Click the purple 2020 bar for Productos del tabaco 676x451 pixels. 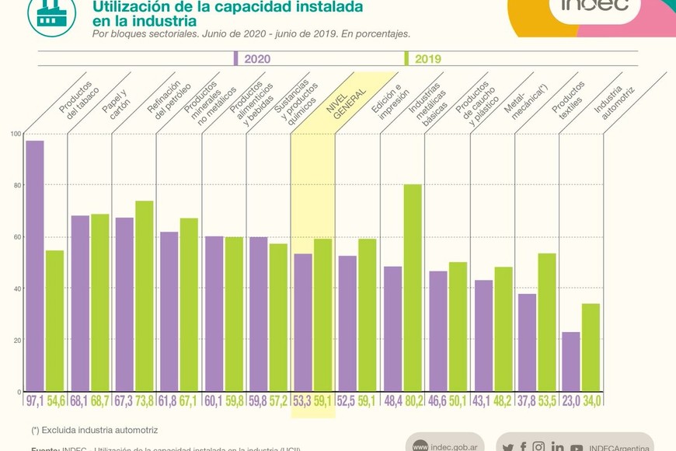34,265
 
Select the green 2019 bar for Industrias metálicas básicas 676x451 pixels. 413,287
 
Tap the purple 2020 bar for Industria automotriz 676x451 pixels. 571,361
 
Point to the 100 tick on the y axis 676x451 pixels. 16,134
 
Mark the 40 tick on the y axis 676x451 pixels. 16,288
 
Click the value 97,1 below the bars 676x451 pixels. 35,400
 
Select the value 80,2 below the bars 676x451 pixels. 413,400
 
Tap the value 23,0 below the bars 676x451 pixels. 571,400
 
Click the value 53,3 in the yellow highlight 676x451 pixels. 302,400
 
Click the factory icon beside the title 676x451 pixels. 51,13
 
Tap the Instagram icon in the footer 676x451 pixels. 539,446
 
